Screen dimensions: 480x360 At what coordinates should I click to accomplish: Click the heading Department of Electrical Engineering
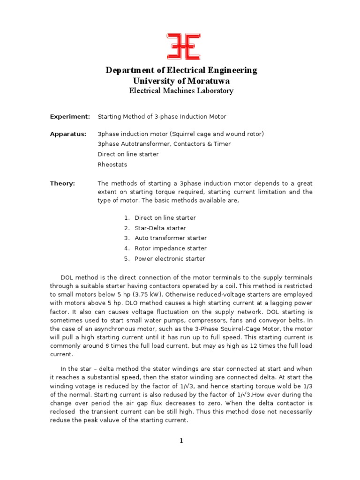181,70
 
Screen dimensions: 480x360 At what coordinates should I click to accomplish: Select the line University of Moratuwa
181,81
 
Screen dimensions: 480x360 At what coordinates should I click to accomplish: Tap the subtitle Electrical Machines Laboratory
181,91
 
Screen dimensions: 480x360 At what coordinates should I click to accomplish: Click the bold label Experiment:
70,116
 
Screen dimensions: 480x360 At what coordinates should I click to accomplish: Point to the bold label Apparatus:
68,134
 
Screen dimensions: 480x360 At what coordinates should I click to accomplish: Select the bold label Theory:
62,183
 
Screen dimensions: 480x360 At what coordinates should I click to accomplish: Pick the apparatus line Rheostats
112,165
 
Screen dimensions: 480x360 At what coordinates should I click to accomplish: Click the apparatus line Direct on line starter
128,154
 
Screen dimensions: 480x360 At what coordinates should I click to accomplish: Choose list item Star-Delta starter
160,228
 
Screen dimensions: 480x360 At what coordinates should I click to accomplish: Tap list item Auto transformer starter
171,238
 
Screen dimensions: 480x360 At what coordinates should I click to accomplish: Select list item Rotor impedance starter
171,248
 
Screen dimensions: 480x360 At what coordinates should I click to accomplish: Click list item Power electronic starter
170,259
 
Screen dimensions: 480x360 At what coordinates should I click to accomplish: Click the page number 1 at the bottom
181,441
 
